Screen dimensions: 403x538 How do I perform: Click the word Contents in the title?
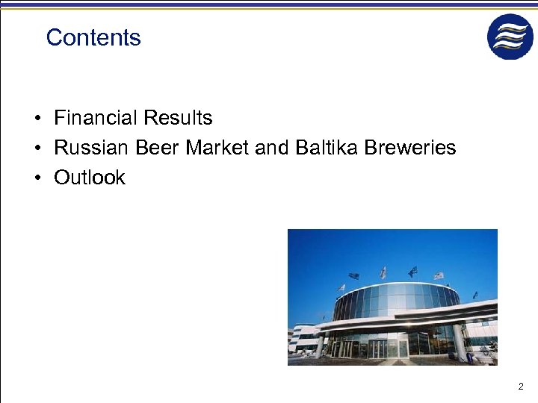(93, 38)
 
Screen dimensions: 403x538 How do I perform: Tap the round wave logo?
(510, 37)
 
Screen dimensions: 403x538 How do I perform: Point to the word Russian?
(92, 148)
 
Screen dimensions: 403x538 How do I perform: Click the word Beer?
(158, 148)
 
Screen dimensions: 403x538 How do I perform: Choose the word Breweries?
(410, 148)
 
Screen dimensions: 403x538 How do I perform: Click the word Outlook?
(90, 178)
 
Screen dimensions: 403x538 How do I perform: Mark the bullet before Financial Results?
(36, 119)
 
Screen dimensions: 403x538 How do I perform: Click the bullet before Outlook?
(36, 178)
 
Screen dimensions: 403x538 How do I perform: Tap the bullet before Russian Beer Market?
(36, 149)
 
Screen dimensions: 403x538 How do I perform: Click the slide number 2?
(521, 387)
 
